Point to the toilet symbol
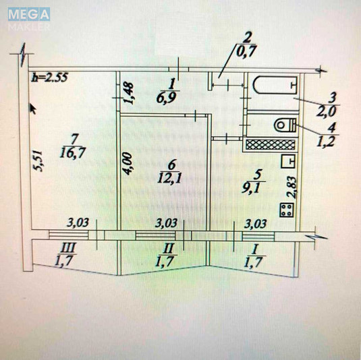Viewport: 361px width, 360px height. pyautogui.click(x=284, y=124)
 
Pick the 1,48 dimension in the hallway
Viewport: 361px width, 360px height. pyautogui.click(x=131, y=93)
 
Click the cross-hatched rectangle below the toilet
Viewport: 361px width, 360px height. pyautogui.click(x=269, y=143)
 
